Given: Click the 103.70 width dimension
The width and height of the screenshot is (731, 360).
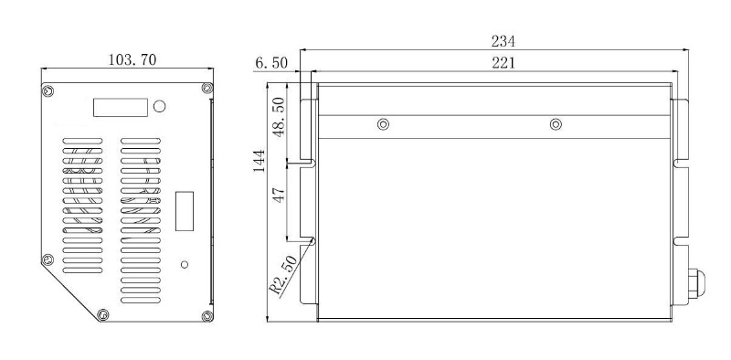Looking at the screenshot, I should click(x=132, y=60).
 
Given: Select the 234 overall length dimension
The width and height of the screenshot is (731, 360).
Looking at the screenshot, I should click(x=503, y=41).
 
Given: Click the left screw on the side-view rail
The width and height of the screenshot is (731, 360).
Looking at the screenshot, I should click(x=383, y=124).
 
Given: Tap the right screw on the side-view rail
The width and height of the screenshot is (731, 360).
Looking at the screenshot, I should click(x=555, y=124).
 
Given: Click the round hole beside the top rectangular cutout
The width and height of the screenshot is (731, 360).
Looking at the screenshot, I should click(x=160, y=107).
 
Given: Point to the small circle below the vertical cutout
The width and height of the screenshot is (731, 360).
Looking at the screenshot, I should click(x=185, y=264).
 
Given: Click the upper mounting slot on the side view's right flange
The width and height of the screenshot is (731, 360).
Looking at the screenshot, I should click(x=681, y=163).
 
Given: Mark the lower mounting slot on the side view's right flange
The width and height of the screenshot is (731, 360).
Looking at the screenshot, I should click(x=681, y=240).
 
